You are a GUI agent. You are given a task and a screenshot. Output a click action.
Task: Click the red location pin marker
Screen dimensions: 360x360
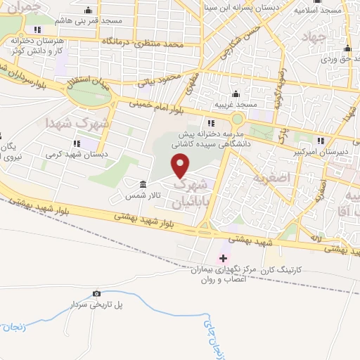(x=181, y=166)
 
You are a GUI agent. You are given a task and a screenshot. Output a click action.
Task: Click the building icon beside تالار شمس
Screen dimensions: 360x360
(x=143, y=184)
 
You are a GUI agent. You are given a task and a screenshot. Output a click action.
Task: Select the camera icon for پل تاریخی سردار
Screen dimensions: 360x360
(x=97, y=293)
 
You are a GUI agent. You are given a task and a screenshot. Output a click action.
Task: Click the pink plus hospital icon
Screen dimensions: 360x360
(x=224, y=258)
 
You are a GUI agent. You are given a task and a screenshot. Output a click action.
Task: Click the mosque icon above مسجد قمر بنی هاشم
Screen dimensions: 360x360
(x=88, y=11)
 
